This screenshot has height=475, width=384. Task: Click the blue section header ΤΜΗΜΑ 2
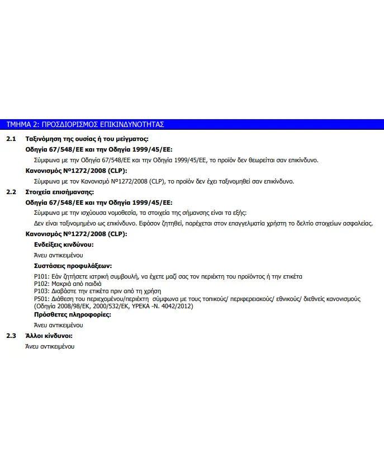click(85, 124)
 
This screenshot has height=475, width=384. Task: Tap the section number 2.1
click(11, 139)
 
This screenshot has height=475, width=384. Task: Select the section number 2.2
click(11, 192)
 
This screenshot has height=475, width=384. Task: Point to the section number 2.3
click(11, 336)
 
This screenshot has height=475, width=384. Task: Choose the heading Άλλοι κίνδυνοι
click(49, 336)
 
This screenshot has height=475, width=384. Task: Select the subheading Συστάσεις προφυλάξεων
click(73, 266)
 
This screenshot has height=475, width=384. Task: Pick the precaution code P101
click(42, 277)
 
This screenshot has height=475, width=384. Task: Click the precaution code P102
click(42, 284)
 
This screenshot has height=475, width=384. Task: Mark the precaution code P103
click(42, 291)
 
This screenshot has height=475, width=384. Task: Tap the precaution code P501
click(42, 299)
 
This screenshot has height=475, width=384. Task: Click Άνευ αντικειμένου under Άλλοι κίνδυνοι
click(50, 346)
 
